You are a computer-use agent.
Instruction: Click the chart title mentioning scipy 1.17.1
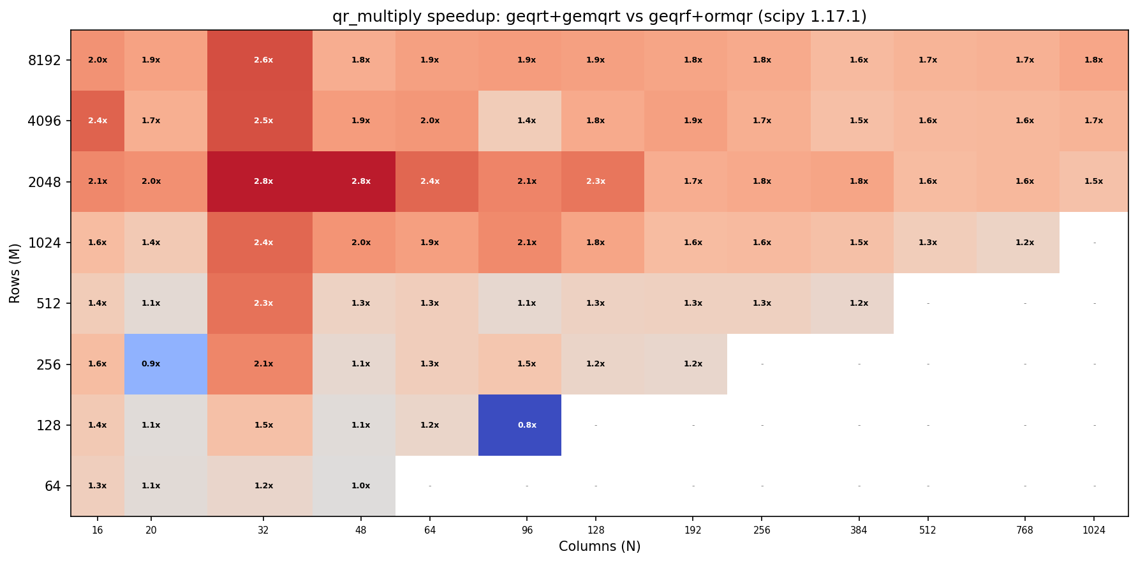(x=599, y=17)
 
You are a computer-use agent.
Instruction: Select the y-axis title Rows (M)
(x=15, y=273)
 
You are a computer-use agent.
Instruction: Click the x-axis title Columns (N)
(x=599, y=546)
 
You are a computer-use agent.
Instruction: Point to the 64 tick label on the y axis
(x=52, y=486)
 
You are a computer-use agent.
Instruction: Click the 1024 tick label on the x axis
(x=1094, y=530)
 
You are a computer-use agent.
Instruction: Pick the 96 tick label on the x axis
(x=527, y=530)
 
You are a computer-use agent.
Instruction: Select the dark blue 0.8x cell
(x=520, y=425)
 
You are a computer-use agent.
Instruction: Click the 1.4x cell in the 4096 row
(x=520, y=121)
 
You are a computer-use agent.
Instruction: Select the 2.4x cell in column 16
(x=98, y=121)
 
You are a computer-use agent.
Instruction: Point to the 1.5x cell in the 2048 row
(x=1093, y=181)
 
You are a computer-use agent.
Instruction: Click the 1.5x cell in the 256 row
(x=520, y=364)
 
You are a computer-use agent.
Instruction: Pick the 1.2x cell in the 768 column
(x=1018, y=243)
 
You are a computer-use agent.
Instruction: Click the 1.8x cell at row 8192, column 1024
(x=1093, y=60)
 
